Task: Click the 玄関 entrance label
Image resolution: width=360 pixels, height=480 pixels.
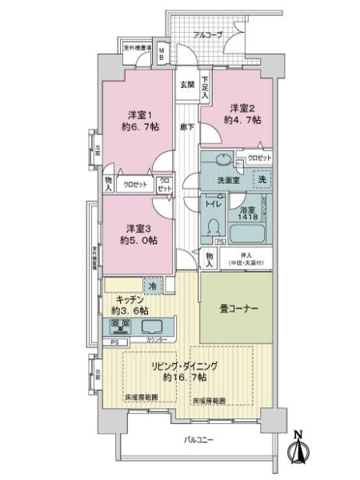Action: [186, 84]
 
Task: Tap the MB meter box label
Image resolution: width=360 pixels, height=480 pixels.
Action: [160, 55]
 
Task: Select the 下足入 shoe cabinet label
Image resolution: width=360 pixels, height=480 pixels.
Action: [206, 87]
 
